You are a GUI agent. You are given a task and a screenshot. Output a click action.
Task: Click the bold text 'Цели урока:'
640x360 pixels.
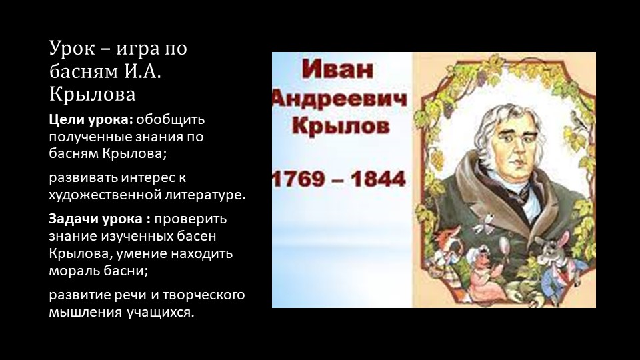click(x=89, y=121)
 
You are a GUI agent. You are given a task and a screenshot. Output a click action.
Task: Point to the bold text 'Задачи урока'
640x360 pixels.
click(x=97, y=219)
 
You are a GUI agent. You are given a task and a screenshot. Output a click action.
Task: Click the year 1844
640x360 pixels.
click(x=375, y=179)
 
